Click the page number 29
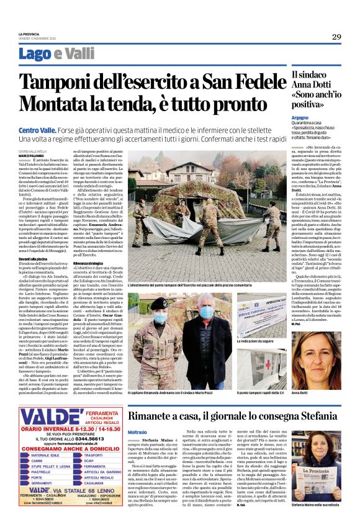(x=336, y=37)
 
